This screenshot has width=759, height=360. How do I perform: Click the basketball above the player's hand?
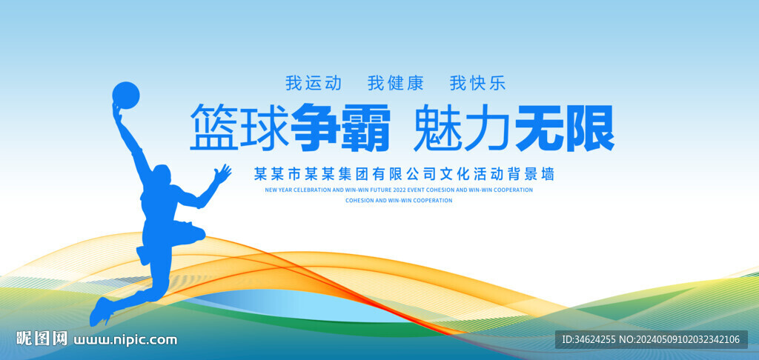[126, 95]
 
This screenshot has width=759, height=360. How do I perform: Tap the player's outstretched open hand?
[221, 174]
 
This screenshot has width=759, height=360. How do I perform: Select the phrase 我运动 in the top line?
[314, 82]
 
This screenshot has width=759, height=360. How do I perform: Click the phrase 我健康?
[395, 82]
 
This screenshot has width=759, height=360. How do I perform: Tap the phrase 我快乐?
[477, 82]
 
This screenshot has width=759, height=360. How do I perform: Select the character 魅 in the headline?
[437, 127]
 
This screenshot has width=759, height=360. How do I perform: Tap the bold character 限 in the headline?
[590, 127]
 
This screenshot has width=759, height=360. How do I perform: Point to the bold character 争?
[314, 127]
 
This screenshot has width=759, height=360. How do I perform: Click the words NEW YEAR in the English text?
[277, 190]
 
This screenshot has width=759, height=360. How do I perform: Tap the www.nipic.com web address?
[126, 340]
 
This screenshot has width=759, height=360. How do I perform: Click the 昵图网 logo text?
[42, 339]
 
